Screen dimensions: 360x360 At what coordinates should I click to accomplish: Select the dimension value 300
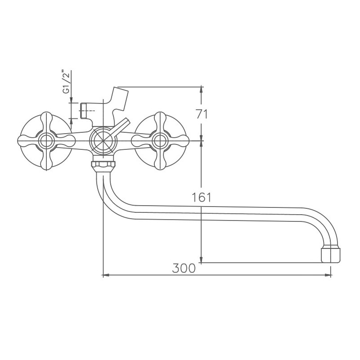(184, 268)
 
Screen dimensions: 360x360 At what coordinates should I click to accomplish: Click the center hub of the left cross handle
(45, 141)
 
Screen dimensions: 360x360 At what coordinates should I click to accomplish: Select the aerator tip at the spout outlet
(331, 254)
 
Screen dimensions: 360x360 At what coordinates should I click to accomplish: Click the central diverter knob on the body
(103, 140)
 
